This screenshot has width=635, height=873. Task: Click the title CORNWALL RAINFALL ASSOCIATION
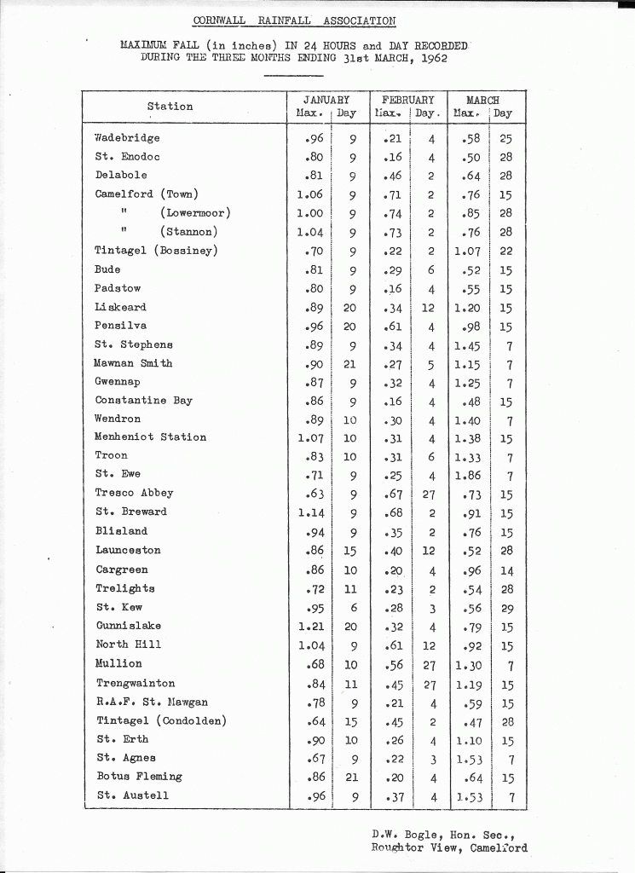(x=294, y=20)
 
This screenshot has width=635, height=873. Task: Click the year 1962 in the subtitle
(x=429, y=58)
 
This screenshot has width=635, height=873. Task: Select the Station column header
(x=170, y=107)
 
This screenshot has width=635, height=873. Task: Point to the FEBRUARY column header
(x=407, y=100)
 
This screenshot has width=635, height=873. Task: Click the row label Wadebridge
(x=127, y=138)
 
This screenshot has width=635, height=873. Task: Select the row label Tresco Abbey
(x=134, y=493)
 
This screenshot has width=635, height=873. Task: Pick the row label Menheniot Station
(x=150, y=437)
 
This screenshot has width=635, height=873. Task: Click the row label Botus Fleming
(x=138, y=777)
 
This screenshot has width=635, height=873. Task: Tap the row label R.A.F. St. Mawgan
(x=151, y=702)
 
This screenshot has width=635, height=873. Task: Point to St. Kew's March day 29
(x=506, y=608)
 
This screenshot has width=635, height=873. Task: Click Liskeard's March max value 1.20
(x=468, y=308)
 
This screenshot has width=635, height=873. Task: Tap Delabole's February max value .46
(x=393, y=176)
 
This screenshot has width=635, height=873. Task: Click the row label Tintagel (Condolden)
(x=160, y=720)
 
